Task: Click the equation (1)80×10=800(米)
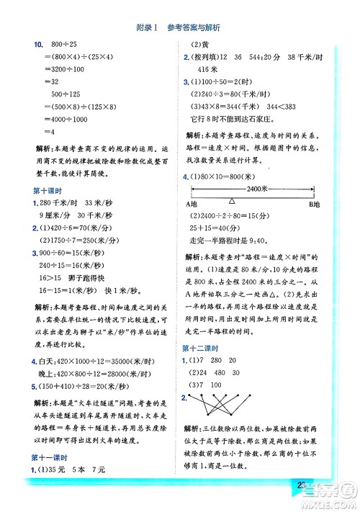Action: click(x=230, y=176)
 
